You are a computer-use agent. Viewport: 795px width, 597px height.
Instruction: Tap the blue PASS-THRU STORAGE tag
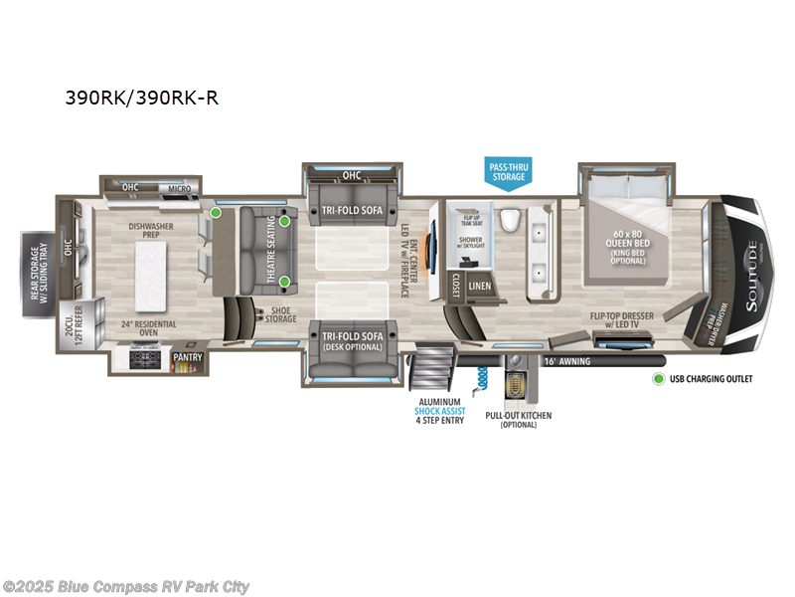point(507,172)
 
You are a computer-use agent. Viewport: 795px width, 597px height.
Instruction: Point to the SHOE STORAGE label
point(280,313)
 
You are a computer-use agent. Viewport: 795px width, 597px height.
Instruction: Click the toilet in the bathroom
point(509,219)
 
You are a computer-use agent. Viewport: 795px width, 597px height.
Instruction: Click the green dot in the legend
point(657,379)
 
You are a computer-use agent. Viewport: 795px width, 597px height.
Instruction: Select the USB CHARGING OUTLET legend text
point(712,379)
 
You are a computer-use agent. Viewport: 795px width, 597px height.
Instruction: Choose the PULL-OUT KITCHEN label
point(518,419)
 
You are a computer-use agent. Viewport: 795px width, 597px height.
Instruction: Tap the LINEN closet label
point(480,286)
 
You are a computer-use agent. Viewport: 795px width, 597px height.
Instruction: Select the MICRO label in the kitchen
point(178,187)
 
